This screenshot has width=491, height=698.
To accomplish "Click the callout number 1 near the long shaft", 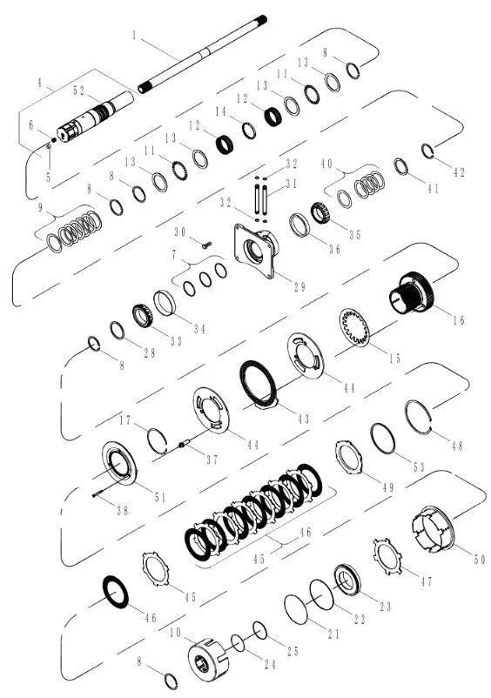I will pos(134,37).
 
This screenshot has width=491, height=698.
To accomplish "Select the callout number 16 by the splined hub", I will pos(459,319).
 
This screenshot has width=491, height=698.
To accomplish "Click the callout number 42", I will pos(461,171).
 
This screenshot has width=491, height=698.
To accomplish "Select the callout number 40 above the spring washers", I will pos(327,163).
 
